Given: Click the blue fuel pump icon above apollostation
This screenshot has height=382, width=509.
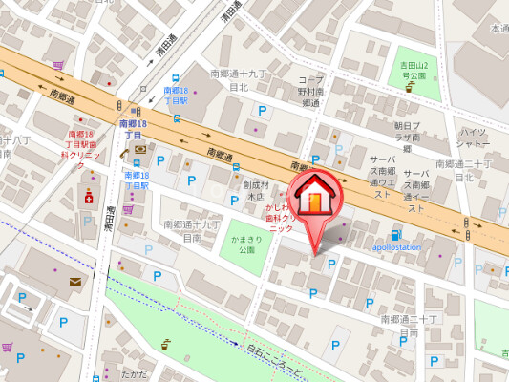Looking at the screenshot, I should (x=395, y=235).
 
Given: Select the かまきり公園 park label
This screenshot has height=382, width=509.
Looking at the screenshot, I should (x=247, y=244).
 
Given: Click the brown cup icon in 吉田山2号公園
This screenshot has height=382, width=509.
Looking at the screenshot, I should (x=409, y=86).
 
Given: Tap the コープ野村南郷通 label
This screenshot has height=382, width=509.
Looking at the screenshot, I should (x=310, y=91).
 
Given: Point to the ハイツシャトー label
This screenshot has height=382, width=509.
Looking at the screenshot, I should (x=475, y=137).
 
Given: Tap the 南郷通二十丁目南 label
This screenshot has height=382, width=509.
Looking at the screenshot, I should (x=409, y=326).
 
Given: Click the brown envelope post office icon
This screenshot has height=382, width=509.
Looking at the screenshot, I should (x=75, y=282).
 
